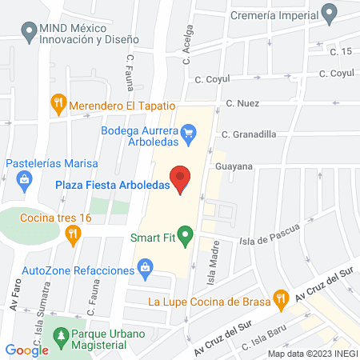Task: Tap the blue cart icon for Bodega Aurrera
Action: (189, 130)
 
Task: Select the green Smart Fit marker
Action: (186, 236)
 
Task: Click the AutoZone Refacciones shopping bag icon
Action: (146, 266)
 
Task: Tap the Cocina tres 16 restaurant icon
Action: (74, 233)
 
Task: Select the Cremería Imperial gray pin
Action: (328, 13)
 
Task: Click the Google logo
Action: (27, 350)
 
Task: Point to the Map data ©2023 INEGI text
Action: (311, 353)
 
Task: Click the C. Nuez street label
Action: (243, 103)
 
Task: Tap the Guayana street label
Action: (234, 166)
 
